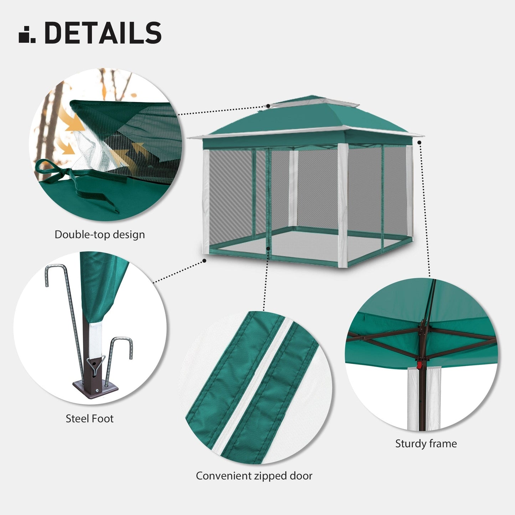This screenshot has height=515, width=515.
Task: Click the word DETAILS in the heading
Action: click(x=103, y=33)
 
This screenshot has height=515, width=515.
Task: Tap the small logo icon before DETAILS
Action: click(x=27, y=35)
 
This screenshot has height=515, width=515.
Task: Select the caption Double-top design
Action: click(x=100, y=235)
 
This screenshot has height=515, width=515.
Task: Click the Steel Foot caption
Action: click(x=89, y=418)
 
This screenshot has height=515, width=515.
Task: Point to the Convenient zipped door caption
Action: click(x=254, y=476)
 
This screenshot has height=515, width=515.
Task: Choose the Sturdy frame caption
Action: click(x=426, y=444)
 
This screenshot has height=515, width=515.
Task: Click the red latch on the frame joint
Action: click(x=419, y=364)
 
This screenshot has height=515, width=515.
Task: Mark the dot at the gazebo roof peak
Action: click(x=268, y=106)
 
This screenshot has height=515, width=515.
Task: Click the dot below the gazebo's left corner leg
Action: click(x=204, y=261)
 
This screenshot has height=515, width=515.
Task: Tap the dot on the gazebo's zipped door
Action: click(x=268, y=248)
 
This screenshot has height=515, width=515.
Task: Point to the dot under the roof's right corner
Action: click(x=419, y=142)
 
